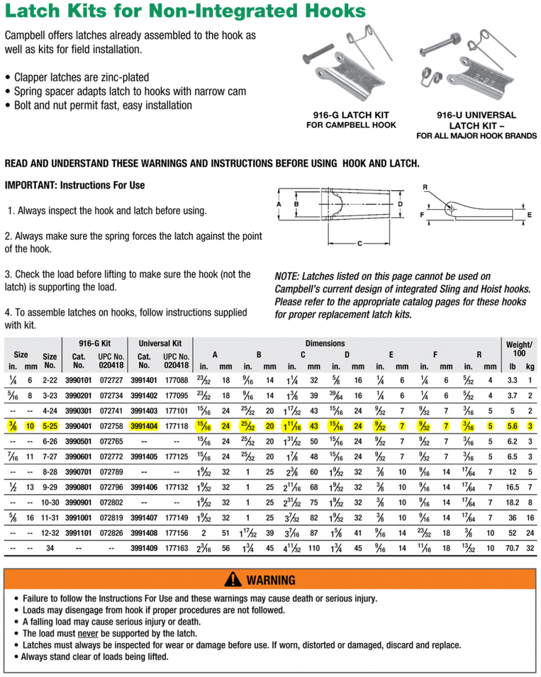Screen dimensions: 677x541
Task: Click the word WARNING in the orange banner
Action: tap(271, 580)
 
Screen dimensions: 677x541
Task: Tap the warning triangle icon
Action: tap(233, 579)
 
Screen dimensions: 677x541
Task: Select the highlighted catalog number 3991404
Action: tap(144, 425)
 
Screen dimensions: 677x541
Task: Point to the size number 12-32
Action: tap(50, 533)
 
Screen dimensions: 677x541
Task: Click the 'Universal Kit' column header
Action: tap(160, 344)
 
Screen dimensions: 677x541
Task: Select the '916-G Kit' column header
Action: tap(94, 344)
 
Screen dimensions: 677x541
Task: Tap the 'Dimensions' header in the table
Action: tap(325, 343)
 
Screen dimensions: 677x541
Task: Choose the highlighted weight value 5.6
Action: tap(512, 425)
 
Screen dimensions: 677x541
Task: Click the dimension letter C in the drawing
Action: tap(359, 244)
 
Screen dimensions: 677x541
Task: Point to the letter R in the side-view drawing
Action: tap(425, 187)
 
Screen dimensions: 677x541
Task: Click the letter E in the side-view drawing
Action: tap(529, 214)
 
